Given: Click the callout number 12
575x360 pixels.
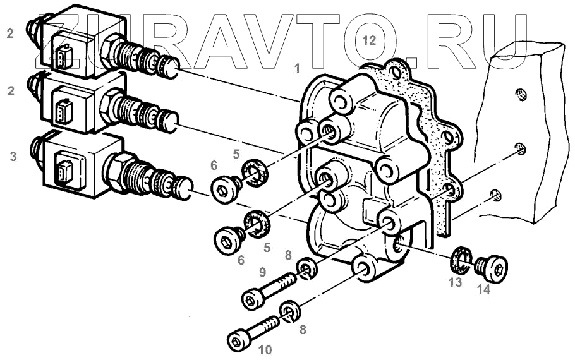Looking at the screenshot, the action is (369, 40).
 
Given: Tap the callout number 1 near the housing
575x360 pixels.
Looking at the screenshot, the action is (297, 68).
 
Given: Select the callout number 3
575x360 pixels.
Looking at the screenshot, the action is (13, 157).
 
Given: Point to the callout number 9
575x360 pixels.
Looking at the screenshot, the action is (262, 272).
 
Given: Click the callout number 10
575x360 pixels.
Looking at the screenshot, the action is (265, 350).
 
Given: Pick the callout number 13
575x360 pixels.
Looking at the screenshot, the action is (456, 282).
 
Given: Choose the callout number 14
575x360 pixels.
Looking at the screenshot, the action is (483, 289).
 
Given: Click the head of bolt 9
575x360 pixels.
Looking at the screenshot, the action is (253, 299).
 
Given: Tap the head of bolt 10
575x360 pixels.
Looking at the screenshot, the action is (238, 342).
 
